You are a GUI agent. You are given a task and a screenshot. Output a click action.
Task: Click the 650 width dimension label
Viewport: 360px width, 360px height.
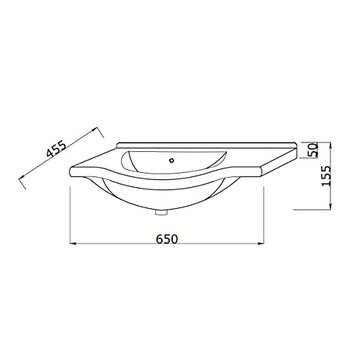point(167,239)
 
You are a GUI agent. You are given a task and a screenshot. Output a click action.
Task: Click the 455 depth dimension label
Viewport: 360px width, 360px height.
point(56,149)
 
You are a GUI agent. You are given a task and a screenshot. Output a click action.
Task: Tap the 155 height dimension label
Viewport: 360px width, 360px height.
point(326,176)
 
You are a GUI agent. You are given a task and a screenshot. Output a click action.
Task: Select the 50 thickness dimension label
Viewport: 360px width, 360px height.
point(313,150)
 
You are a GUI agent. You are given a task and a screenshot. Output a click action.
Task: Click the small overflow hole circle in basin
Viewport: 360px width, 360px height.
point(171,161)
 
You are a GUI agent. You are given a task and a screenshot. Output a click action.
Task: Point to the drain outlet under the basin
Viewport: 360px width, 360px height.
point(161,212)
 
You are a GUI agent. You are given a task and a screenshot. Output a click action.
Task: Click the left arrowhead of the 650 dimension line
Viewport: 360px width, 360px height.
point(73,243)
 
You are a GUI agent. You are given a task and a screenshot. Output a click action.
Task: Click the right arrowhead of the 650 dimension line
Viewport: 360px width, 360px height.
point(261,243)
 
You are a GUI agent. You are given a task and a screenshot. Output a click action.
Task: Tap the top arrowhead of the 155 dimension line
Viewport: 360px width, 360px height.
point(330,145)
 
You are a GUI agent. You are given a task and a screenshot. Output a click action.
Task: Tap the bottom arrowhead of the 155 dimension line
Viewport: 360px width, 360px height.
point(330,207)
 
